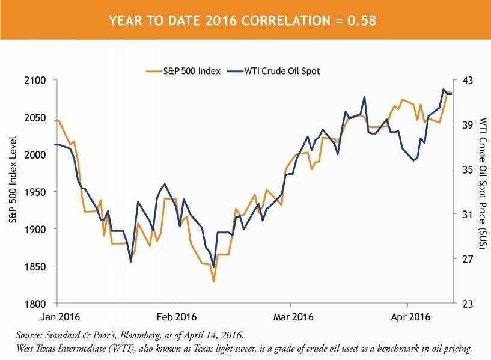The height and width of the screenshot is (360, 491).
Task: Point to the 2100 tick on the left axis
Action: click(37, 80)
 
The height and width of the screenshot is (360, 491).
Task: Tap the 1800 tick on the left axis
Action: click(37, 304)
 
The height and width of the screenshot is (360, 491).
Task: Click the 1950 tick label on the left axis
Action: click(37, 192)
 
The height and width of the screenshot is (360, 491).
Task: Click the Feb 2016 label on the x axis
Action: click(176, 316)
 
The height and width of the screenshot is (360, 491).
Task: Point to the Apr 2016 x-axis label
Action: click(408, 316)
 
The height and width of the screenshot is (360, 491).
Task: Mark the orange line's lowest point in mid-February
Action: click(213, 281)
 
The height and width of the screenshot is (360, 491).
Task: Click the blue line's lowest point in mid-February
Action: click(213, 267)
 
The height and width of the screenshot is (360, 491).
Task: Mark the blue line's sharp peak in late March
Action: click(365, 96)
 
